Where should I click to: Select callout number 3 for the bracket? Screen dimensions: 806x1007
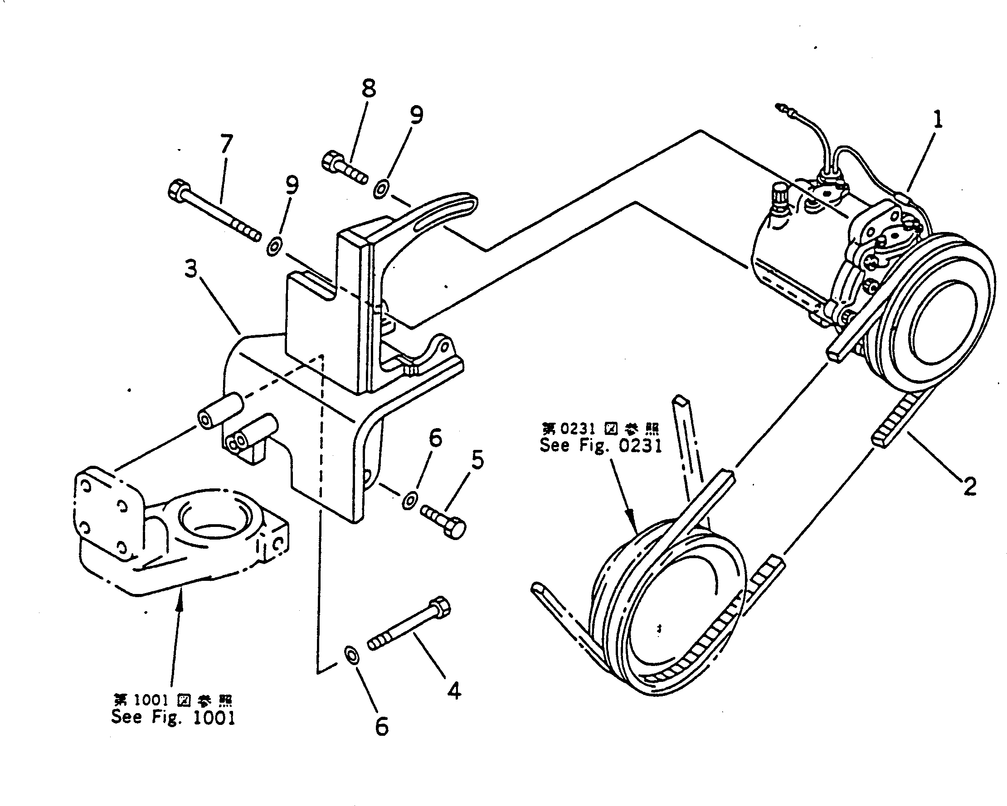click(190, 269)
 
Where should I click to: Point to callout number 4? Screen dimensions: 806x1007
click(454, 690)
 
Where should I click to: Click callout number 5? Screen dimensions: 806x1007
click(477, 460)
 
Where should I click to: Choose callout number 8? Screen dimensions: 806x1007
click(369, 88)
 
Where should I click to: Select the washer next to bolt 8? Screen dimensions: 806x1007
click(381, 190)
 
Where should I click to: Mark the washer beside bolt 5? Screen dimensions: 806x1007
click(409, 500)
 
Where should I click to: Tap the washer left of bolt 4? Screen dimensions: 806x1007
click(351, 655)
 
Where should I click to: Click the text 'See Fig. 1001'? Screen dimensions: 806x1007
click(173, 717)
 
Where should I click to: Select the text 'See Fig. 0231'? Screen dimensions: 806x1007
click(601, 445)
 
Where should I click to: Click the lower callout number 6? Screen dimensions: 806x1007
click(382, 726)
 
